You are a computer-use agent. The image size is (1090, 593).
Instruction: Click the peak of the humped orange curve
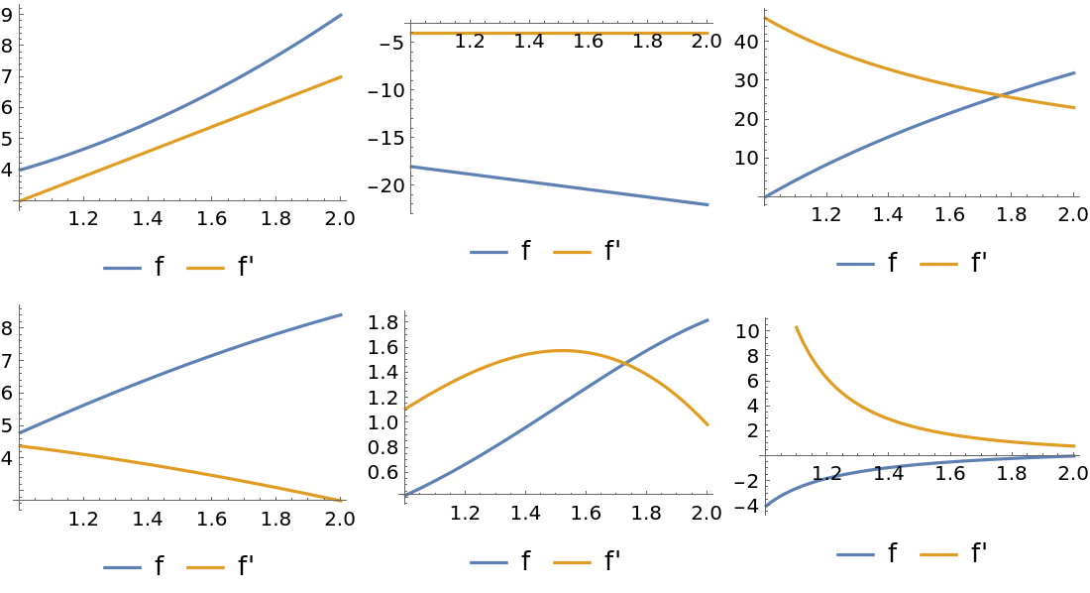coord(561,350)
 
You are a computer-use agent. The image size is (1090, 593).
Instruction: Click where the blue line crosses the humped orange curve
coord(625,367)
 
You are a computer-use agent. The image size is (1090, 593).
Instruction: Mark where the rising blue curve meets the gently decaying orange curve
coord(1001,95)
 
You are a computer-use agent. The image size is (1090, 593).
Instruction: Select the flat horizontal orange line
coord(560,34)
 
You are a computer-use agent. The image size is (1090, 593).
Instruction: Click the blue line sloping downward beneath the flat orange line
coord(560,185)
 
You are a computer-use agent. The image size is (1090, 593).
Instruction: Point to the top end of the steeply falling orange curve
coord(796,326)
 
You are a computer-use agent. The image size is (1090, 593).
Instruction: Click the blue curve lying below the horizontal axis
coord(892,467)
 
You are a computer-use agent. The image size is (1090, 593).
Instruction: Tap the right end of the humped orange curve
coord(708,425)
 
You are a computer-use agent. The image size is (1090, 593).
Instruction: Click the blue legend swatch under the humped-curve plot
coord(489,562)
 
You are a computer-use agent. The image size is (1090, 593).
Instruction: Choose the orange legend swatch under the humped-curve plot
coord(572,562)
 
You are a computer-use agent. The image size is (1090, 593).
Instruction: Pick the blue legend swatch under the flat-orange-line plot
coord(489,253)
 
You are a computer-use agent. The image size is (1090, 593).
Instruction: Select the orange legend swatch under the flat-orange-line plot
coord(572,253)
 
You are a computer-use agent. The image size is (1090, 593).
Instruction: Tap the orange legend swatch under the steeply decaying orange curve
coord(938,554)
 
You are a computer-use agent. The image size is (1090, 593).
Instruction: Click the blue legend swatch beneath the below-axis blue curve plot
coord(855,554)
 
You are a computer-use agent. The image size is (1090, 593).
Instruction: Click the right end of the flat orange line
coord(708,34)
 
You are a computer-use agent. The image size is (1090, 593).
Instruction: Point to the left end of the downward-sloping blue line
coord(411,167)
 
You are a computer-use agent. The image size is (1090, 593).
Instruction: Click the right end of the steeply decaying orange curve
coord(1075,446)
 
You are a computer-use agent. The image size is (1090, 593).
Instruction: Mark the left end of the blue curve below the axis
coord(765,506)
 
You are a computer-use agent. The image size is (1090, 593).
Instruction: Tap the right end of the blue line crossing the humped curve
coord(708,319)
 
